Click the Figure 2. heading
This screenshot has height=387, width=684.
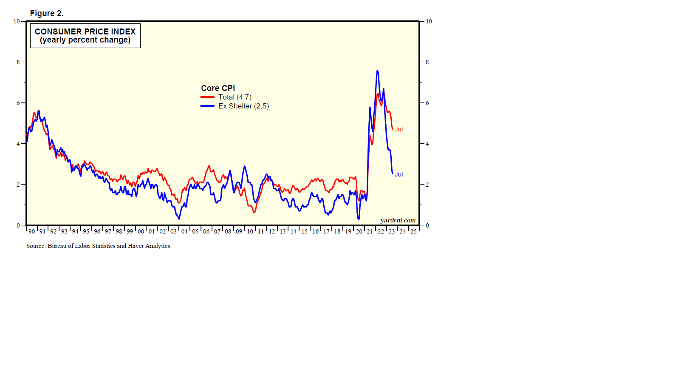(47, 14)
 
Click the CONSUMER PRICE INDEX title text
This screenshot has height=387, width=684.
(85, 31)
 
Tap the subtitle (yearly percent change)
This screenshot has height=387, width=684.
(85, 40)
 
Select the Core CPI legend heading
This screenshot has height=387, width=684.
(218, 88)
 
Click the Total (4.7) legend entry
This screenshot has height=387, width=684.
(235, 97)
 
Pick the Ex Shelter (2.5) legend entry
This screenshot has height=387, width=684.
(243, 106)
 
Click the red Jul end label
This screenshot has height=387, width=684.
(399, 129)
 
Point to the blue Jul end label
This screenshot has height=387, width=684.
(399, 174)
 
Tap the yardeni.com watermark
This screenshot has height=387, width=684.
(398, 220)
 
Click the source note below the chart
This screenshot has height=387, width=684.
(99, 246)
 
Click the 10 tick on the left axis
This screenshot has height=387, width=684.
(17, 21)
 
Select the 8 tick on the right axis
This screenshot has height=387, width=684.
(427, 62)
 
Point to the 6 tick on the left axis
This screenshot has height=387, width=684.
(18, 103)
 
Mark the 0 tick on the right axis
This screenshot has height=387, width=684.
(427, 225)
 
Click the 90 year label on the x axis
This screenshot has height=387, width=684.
(31, 231)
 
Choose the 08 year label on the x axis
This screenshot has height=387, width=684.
(228, 231)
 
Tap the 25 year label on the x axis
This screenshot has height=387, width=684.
(413, 231)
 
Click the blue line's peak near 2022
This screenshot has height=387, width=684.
(377, 71)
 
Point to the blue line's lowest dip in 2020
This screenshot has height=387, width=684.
(359, 219)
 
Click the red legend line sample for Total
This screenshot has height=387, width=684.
(207, 97)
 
